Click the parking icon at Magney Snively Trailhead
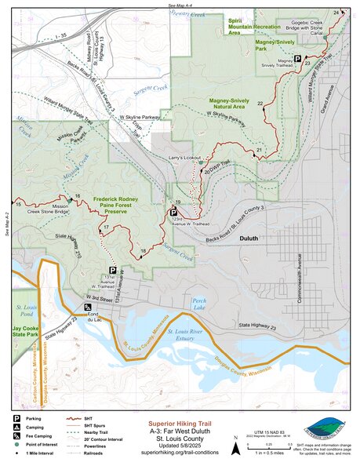(x=298, y=57)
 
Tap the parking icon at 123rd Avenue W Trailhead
(x=173, y=211)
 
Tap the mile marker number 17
(x=104, y=228)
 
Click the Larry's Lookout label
(x=186, y=158)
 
